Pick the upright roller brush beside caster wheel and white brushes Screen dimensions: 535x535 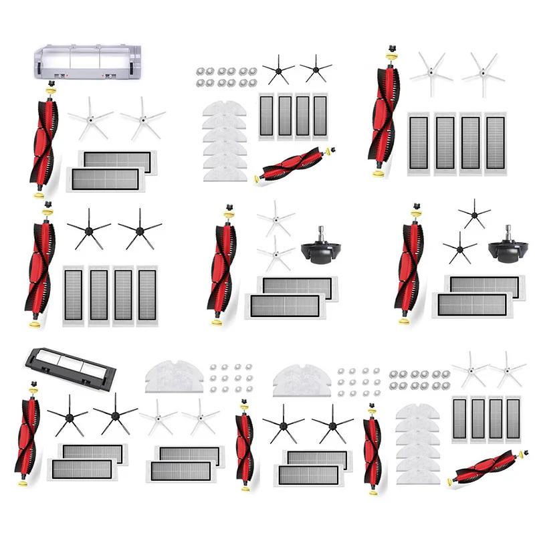225,263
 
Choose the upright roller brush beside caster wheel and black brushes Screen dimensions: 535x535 411,263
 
